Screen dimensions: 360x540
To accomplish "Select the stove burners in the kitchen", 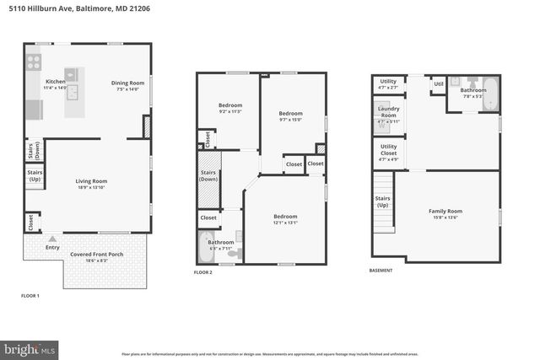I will (35, 62).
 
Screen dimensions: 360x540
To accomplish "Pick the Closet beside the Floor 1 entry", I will (31, 222).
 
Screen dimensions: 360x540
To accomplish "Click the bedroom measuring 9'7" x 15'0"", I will (290, 116).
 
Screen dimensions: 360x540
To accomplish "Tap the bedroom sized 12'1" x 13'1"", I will (285, 219).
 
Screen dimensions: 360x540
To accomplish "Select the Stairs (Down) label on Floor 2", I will (208, 176).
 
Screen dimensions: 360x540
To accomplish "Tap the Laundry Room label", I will (389, 112).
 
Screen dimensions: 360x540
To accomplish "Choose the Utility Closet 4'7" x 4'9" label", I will (389, 152).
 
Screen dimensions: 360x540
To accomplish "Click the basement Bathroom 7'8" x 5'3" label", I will (472, 93).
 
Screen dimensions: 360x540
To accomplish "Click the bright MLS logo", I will (30, 347).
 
